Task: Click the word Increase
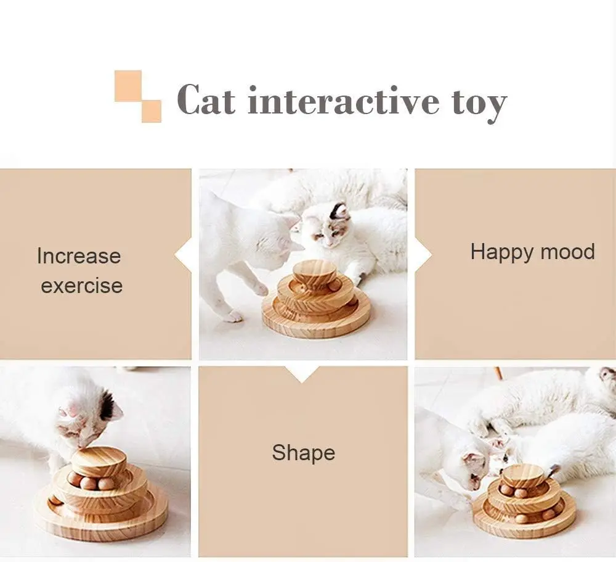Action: (x=79, y=256)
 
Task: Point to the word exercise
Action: (x=82, y=286)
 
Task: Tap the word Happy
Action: (x=502, y=252)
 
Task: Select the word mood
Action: (x=568, y=252)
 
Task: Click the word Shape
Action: (x=303, y=453)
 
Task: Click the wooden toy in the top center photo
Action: (x=316, y=299)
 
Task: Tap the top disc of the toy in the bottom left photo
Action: (x=98, y=462)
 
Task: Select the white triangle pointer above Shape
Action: (x=302, y=374)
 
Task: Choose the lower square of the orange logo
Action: (x=152, y=112)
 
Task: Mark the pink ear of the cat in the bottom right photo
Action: (x=473, y=460)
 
